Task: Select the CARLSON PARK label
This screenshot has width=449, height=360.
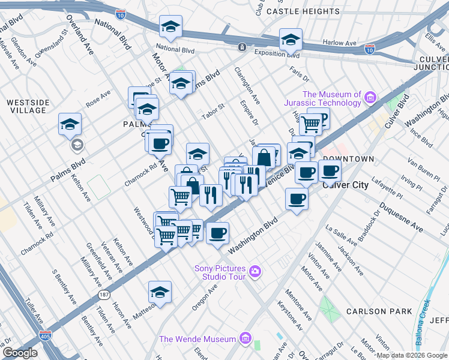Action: [379, 311]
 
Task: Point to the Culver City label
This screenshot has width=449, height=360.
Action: [345, 185]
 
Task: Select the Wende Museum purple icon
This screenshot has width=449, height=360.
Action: [244, 339]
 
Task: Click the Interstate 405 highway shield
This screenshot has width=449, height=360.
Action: [45, 335]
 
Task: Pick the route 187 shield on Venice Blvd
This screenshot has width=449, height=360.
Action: [104, 295]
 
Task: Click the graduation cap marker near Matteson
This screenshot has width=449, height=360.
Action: [160, 292]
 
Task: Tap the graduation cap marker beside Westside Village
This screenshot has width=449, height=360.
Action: [70, 124]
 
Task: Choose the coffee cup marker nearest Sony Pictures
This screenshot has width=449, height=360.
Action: [217, 232]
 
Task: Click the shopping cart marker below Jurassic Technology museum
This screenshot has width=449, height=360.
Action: [310, 124]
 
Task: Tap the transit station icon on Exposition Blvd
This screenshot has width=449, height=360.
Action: [241, 47]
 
